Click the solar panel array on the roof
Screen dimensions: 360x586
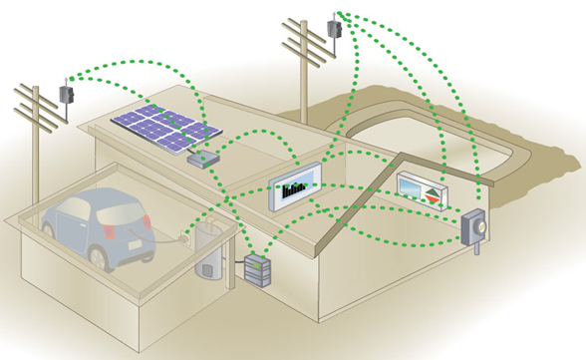coord(164,129)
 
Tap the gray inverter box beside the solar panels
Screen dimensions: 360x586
coord(231,158)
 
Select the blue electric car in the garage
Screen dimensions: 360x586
coord(100,227)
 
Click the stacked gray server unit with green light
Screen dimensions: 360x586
coord(257,270)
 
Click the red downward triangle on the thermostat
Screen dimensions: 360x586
coord(432,197)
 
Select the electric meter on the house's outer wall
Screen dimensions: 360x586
coord(475,229)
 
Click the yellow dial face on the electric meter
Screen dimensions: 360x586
coord(480,227)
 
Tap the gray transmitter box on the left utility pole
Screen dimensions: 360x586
coord(66,95)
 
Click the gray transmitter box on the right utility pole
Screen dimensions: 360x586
coord(335,29)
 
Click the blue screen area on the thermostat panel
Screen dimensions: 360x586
coord(410,184)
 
